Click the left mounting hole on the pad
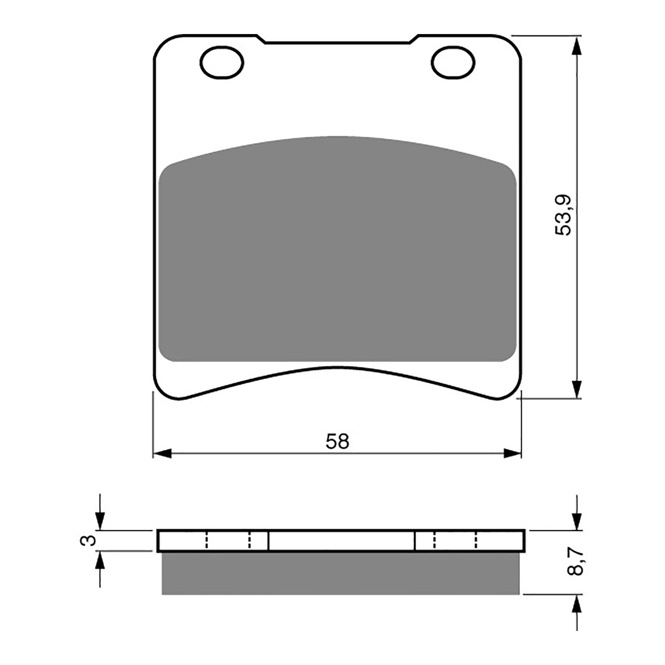click(x=222, y=63)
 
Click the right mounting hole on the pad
click(x=453, y=63)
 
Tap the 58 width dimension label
click(x=337, y=441)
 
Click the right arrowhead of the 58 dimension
click(x=512, y=453)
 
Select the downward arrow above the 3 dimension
click(x=100, y=520)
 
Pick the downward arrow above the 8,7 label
click(x=576, y=520)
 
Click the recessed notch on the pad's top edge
click(x=337, y=42)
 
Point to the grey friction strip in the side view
click(x=340, y=574)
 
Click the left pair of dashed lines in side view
click(x=228, y=540)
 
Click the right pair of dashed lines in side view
click(x=455, y=540)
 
